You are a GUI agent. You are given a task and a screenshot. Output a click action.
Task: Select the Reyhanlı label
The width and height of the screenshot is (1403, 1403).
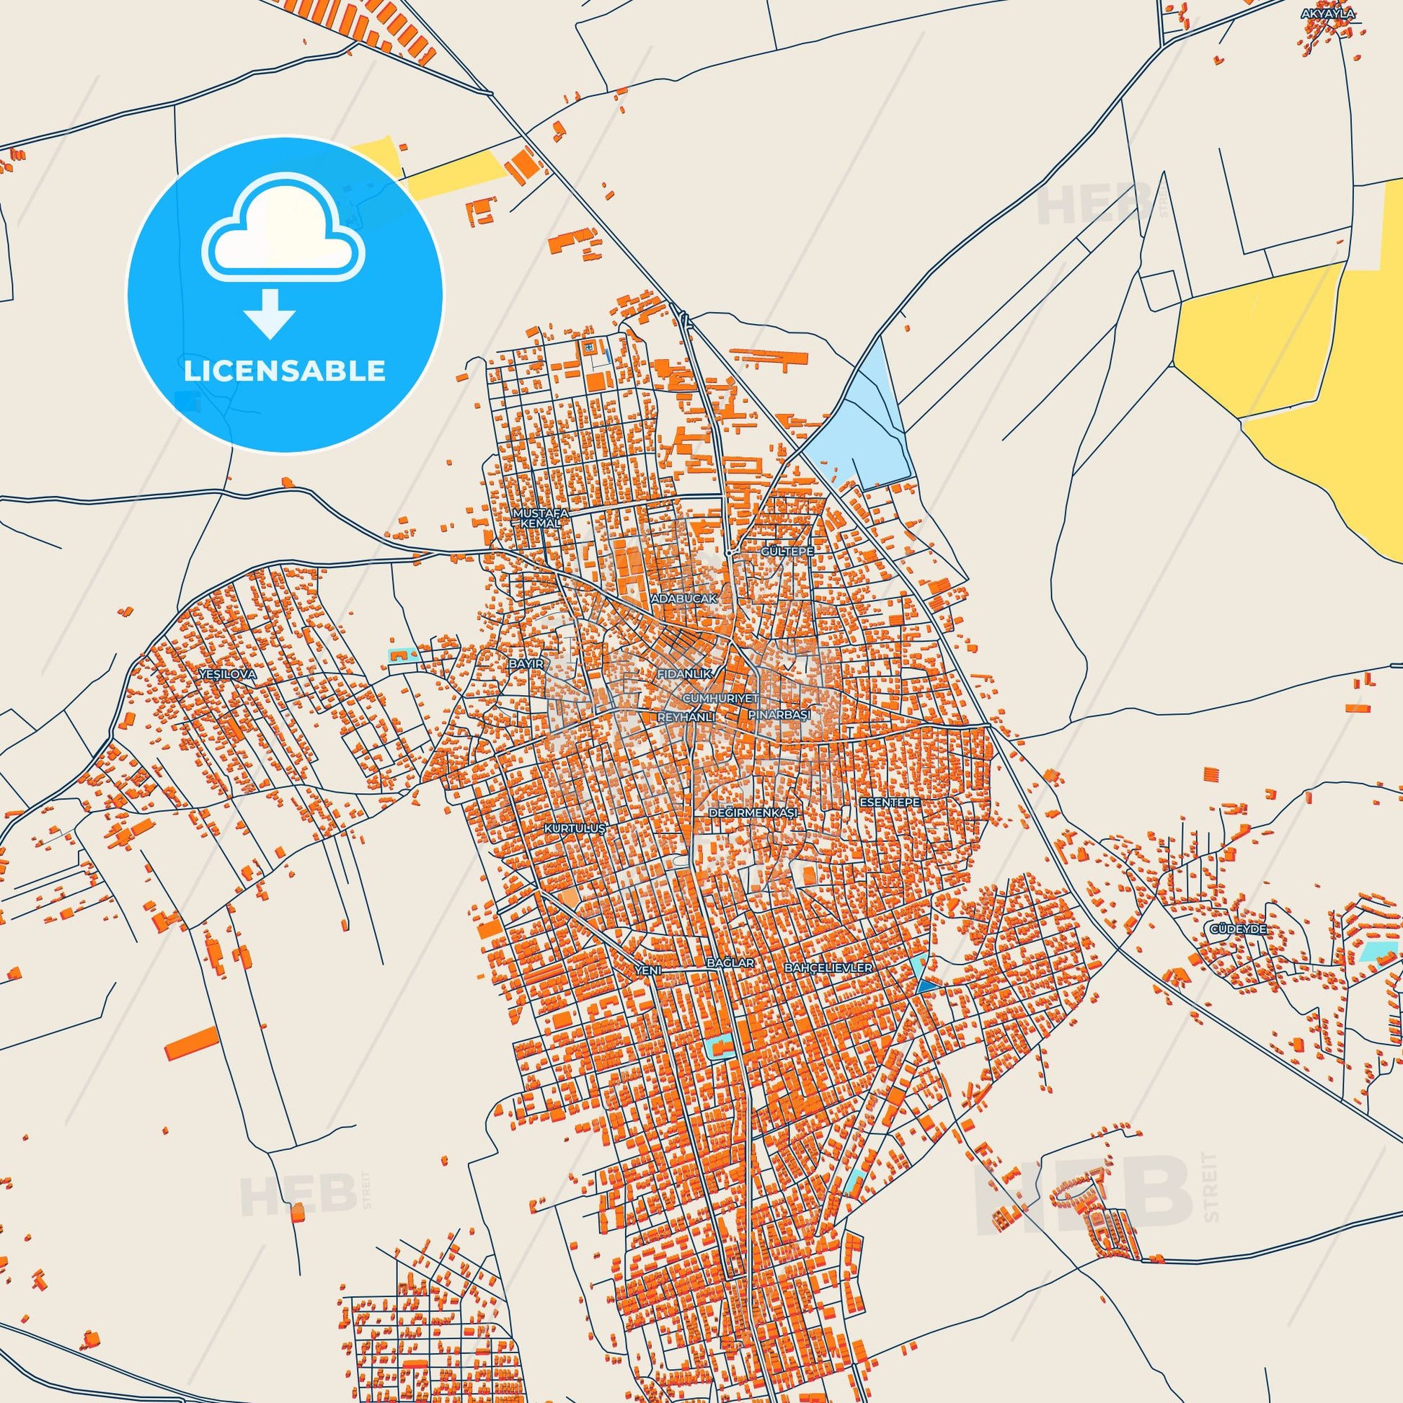click(x=686, y=717)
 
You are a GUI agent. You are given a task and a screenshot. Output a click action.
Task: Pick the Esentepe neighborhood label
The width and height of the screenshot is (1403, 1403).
click(x=890, y=802)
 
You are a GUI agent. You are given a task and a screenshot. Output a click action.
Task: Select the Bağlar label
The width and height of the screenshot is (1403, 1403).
click(x=730, y=963)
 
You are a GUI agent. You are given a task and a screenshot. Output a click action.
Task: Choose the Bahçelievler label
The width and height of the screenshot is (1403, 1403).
click(x=828, y=968)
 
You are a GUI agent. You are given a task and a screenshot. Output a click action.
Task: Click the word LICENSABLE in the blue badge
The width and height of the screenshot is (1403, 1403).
click(x=285, y=371)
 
